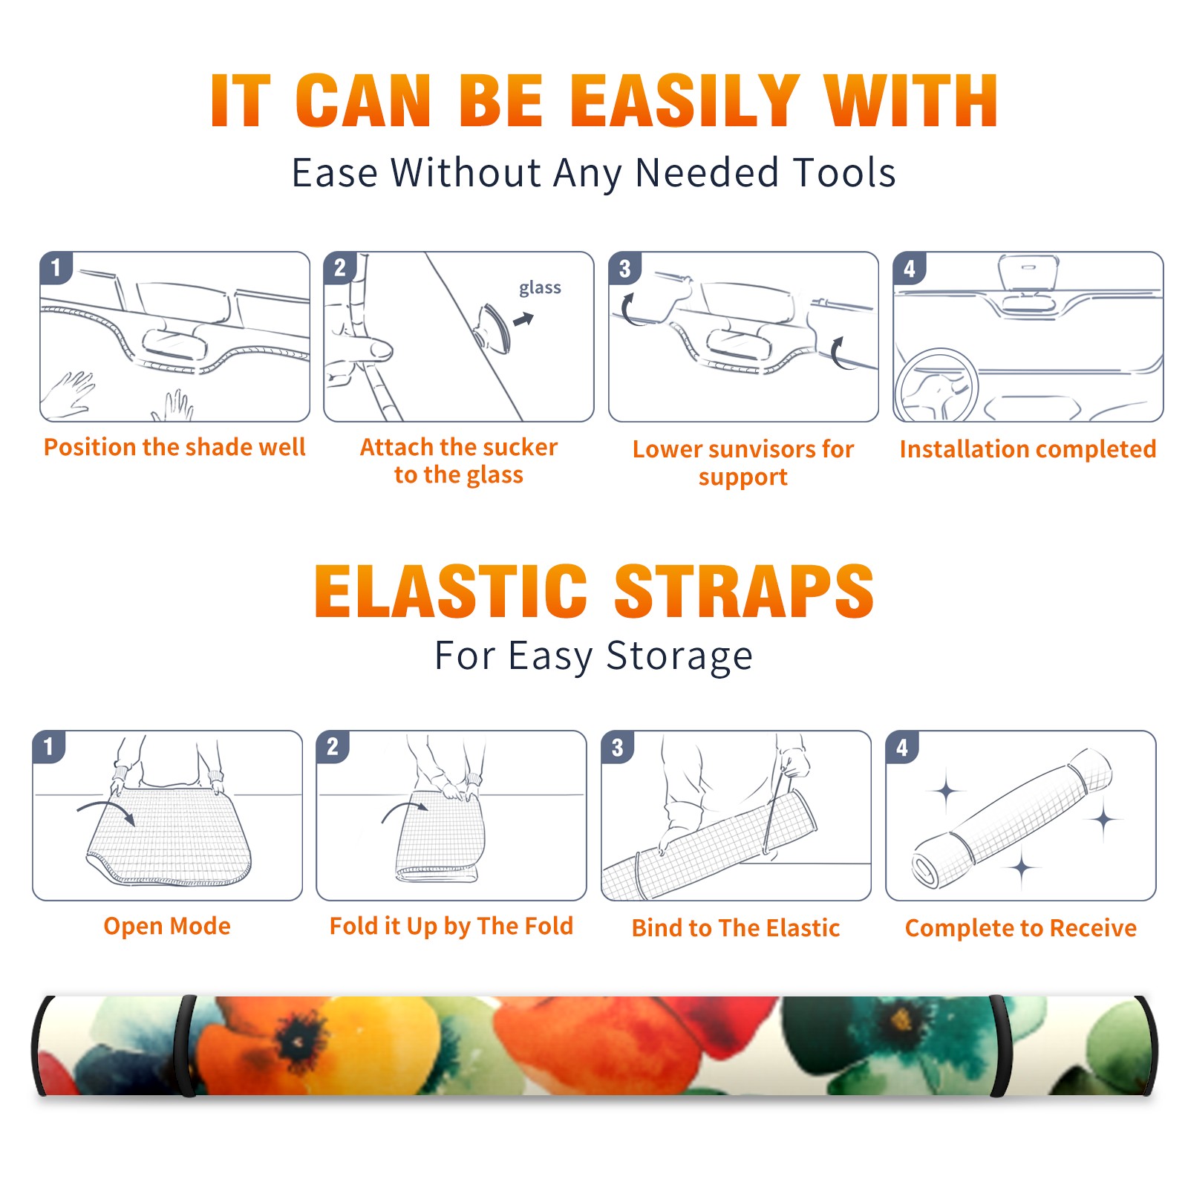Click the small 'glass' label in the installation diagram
[x=540, y=288]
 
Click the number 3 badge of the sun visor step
[x=624, y=268]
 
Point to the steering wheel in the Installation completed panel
[x=936, y=385]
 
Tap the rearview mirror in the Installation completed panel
[x=1028, y=272]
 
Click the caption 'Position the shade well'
[x=174, y=447]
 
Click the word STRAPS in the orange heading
[x=744, y=591]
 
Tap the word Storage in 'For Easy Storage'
[x=679, y=656]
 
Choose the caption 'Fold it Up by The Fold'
[x=451, y=926]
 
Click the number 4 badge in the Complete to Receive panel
[x=902, y=747]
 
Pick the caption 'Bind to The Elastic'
[x=736, y=928]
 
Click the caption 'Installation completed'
[x=1028, y=449]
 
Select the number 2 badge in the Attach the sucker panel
[x=340, y=268]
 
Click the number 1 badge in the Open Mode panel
[x=49, y=747]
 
